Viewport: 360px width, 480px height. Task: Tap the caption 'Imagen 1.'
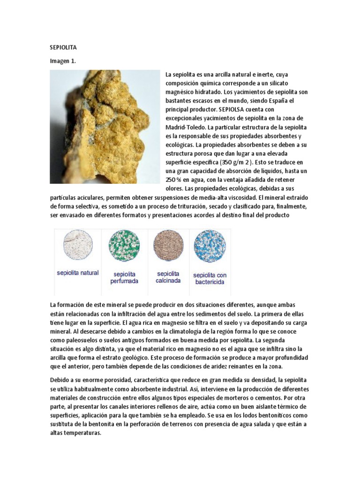[x=63, y=61]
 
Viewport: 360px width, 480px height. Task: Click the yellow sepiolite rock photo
[x=105, y=127]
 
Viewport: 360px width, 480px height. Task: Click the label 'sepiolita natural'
[x=77, y=272]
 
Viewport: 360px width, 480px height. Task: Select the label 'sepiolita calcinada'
[x=168, y=277]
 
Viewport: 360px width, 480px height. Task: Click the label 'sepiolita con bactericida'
[x=209, y=278]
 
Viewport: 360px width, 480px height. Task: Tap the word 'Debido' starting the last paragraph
[x=60, y=379]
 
